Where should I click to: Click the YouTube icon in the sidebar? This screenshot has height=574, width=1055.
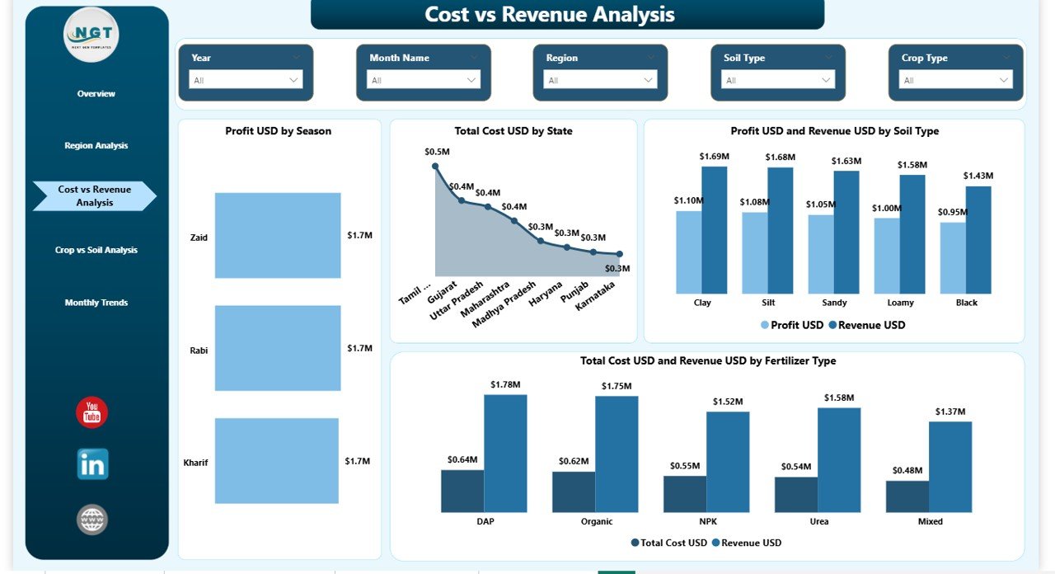click(91, 412)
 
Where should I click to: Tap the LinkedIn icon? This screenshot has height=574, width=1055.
click(92, 464)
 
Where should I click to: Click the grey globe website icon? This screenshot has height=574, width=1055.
click(92, 520)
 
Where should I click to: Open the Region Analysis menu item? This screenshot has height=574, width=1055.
click(96, 146)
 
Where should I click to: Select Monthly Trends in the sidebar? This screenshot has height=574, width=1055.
click(96, 303)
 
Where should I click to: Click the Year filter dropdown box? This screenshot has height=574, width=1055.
click(246, 80)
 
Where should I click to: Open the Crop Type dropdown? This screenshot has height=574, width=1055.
click(955, 80)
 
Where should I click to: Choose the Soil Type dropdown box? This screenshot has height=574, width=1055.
click(778, 80)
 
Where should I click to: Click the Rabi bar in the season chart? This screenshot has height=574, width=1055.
click(278, 348)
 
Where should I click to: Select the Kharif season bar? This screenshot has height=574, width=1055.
click(277, 460)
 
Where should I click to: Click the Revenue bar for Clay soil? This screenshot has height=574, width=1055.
click(715, 230)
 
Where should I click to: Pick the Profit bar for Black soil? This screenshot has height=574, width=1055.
click(953, 257)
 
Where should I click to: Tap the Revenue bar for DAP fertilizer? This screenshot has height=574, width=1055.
click(505, 453)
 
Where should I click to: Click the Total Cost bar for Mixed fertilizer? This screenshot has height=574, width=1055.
click(907, 496)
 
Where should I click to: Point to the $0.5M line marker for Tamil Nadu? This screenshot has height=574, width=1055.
click(435, 166)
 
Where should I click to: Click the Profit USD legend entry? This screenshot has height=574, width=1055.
click(792, 325)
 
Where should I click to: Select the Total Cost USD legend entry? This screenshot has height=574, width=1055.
click(668, 543)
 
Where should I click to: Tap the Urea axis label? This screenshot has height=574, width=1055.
click(818, 521)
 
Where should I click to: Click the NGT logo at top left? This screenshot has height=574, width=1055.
click(91, 34)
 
